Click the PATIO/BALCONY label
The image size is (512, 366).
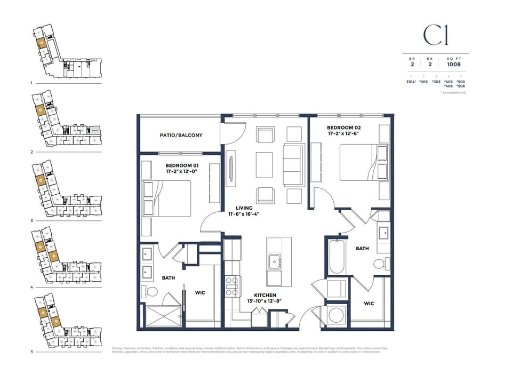pos(181,136)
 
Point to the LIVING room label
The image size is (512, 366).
pos(243,208)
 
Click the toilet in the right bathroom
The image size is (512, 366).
pos(380,264)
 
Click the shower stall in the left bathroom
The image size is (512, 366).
pos(164,316)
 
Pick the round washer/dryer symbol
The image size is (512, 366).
pos(336,315)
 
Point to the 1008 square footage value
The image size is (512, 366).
pos(454,65)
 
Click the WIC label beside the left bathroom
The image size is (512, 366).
pos(200,292)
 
